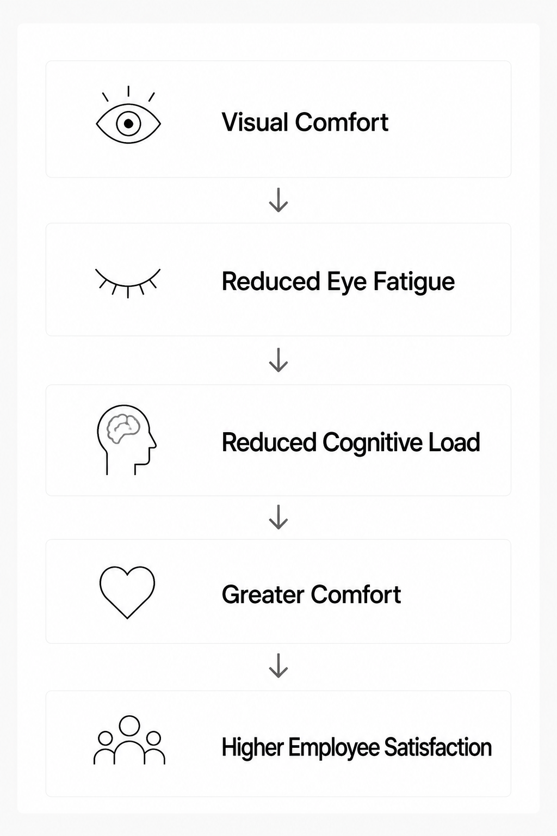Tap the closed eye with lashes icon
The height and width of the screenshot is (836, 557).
[128, 285]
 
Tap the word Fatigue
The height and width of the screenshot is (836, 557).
[414, 282]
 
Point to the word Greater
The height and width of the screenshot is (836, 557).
[263, 594]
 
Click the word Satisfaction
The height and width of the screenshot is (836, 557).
[438, 747]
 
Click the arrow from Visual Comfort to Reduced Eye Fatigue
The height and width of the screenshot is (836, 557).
[278, 200]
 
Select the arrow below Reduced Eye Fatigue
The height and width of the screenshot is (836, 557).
[278, 360]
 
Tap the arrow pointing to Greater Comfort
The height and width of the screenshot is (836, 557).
[278, 517]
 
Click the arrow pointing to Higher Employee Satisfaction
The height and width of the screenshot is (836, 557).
[278, 665]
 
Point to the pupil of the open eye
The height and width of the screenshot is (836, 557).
[128, 124]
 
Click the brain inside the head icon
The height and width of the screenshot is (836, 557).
[123, 429]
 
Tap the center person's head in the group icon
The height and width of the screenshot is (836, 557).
[129, 726]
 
